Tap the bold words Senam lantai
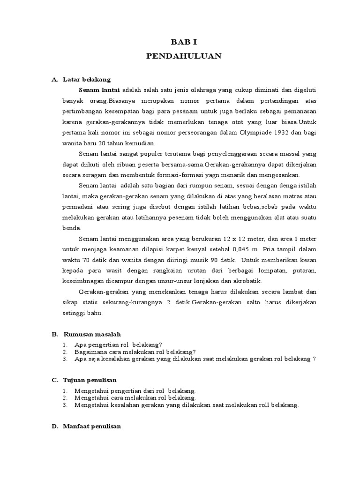pyautogui.click(x=99, y=90)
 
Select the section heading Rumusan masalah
pyautogui.click(x=91, y=334)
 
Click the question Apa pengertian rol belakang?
pyautogui.click(x=118, y=345)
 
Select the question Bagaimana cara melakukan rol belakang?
pyautogui.click(x=135, y=352)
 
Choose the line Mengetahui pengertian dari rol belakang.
pyautogui.click(x=135, y=390)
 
